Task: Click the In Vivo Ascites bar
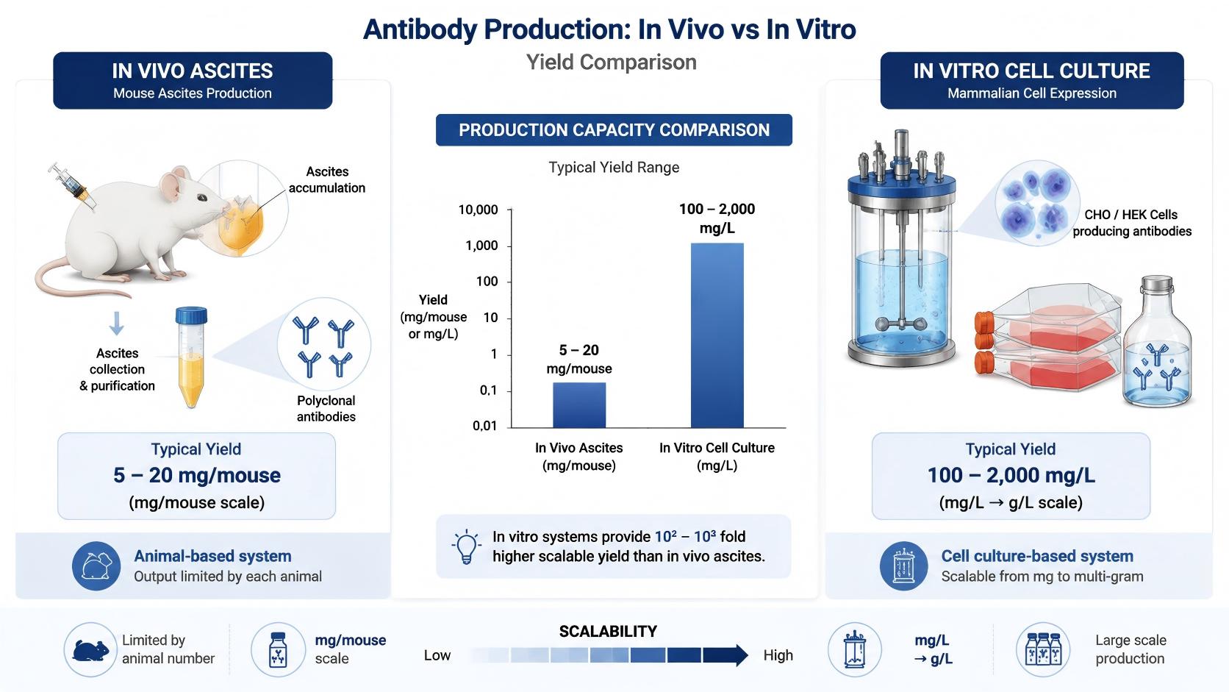tap(578, 405)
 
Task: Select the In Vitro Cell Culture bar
tap(717, 335)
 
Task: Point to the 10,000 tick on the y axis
tap(509, 210)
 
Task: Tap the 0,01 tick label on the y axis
tap(484, 426)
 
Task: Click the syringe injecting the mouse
tap(72, 185)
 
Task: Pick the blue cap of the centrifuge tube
tap(192, 315)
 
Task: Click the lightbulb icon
tap(466, 546)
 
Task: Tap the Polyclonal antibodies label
tap(326, 408)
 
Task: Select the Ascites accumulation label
tap(327, 179)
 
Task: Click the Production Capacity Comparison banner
tap(614, 130)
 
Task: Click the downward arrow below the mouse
tap(116, 324)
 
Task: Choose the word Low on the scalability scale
tap(437, 655)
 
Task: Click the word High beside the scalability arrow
tap(778, 655)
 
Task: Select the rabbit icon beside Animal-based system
tap(96, 566)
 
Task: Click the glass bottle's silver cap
tap(1156, 284)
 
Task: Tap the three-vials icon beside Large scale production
tap(1043, 650)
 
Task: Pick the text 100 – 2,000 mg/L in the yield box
tap(1011, 475)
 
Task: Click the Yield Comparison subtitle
tap(612, 62)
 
